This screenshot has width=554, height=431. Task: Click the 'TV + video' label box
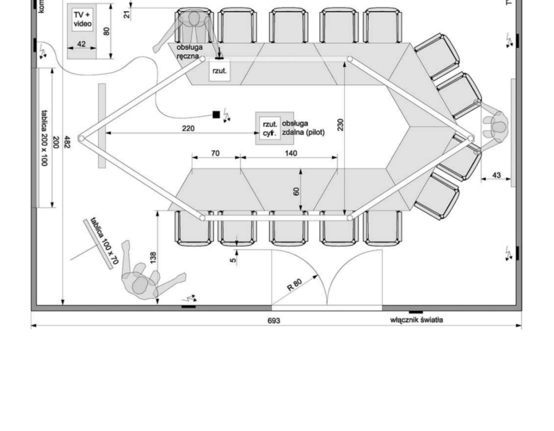[82, 20]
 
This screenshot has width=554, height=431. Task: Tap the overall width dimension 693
[273, 321]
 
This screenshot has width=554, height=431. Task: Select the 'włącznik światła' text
[417, 320]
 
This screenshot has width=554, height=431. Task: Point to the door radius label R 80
[295, 284]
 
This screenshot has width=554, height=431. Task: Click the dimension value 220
[188, 129]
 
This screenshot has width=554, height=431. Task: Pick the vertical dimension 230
[340, 125]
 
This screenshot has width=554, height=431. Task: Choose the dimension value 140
[291, 153]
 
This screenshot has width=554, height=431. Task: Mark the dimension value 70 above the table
[215, 153]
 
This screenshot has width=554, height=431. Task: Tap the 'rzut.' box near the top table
[220, 71]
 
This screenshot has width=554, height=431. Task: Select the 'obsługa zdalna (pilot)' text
[303, 128]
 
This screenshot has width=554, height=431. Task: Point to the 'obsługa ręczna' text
[188, 52]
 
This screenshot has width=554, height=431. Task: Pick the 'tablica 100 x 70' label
[103, 241]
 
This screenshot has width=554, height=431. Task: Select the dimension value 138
[153, 257]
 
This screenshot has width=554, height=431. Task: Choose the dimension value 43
[497, 176]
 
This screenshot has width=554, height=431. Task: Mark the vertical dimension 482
[66, 143]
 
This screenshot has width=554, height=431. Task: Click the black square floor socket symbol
[216, 115]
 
